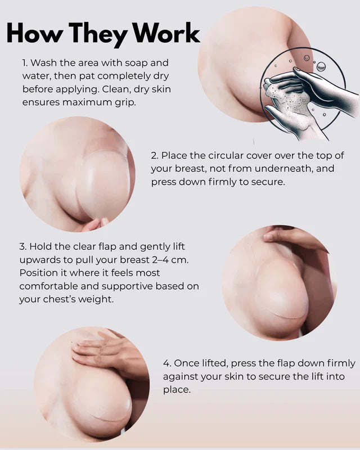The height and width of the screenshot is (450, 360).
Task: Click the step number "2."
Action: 155,156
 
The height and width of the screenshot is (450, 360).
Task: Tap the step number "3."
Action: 23,246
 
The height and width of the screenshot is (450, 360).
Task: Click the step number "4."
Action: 167,363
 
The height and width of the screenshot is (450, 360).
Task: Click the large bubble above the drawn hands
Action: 321,66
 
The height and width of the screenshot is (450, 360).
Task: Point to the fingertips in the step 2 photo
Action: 95,224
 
